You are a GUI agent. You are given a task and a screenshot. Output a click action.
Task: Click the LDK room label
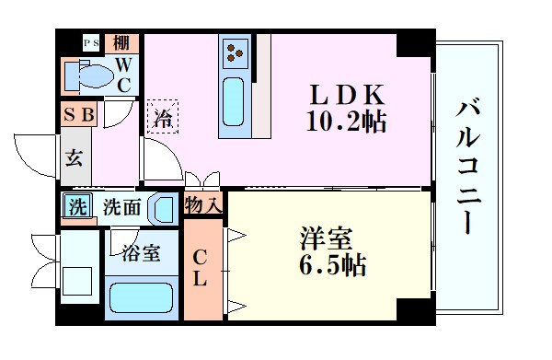[x=347, y=96]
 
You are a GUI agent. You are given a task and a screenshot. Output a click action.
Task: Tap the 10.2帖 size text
[x=347, y=120]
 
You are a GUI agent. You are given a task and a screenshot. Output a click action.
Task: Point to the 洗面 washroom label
[x=121, y=207]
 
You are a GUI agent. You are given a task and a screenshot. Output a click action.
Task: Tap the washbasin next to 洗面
[x=164, y=208]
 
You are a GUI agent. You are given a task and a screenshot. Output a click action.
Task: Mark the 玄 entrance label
[x=75, y=156]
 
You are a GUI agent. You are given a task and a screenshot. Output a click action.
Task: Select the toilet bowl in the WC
[x=88, y=76]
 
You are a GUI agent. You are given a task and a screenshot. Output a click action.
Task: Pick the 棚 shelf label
[x=121, y=43]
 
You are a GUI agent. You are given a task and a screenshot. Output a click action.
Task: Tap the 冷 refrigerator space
[x=163, y=117]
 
